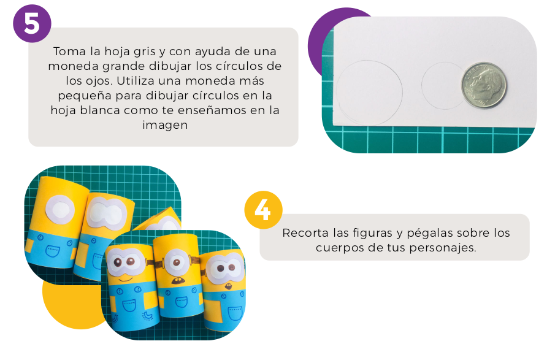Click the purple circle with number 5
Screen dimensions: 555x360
pos(32,24)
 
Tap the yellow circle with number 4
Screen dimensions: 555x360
pos(263,210)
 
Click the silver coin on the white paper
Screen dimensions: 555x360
pos(483,85)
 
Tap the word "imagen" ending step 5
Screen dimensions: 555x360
pos(165,125)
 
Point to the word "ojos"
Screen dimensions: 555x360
pos(96,81)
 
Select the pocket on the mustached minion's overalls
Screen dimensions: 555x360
pos(182,302)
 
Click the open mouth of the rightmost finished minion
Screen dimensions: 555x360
pos(228,286)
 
